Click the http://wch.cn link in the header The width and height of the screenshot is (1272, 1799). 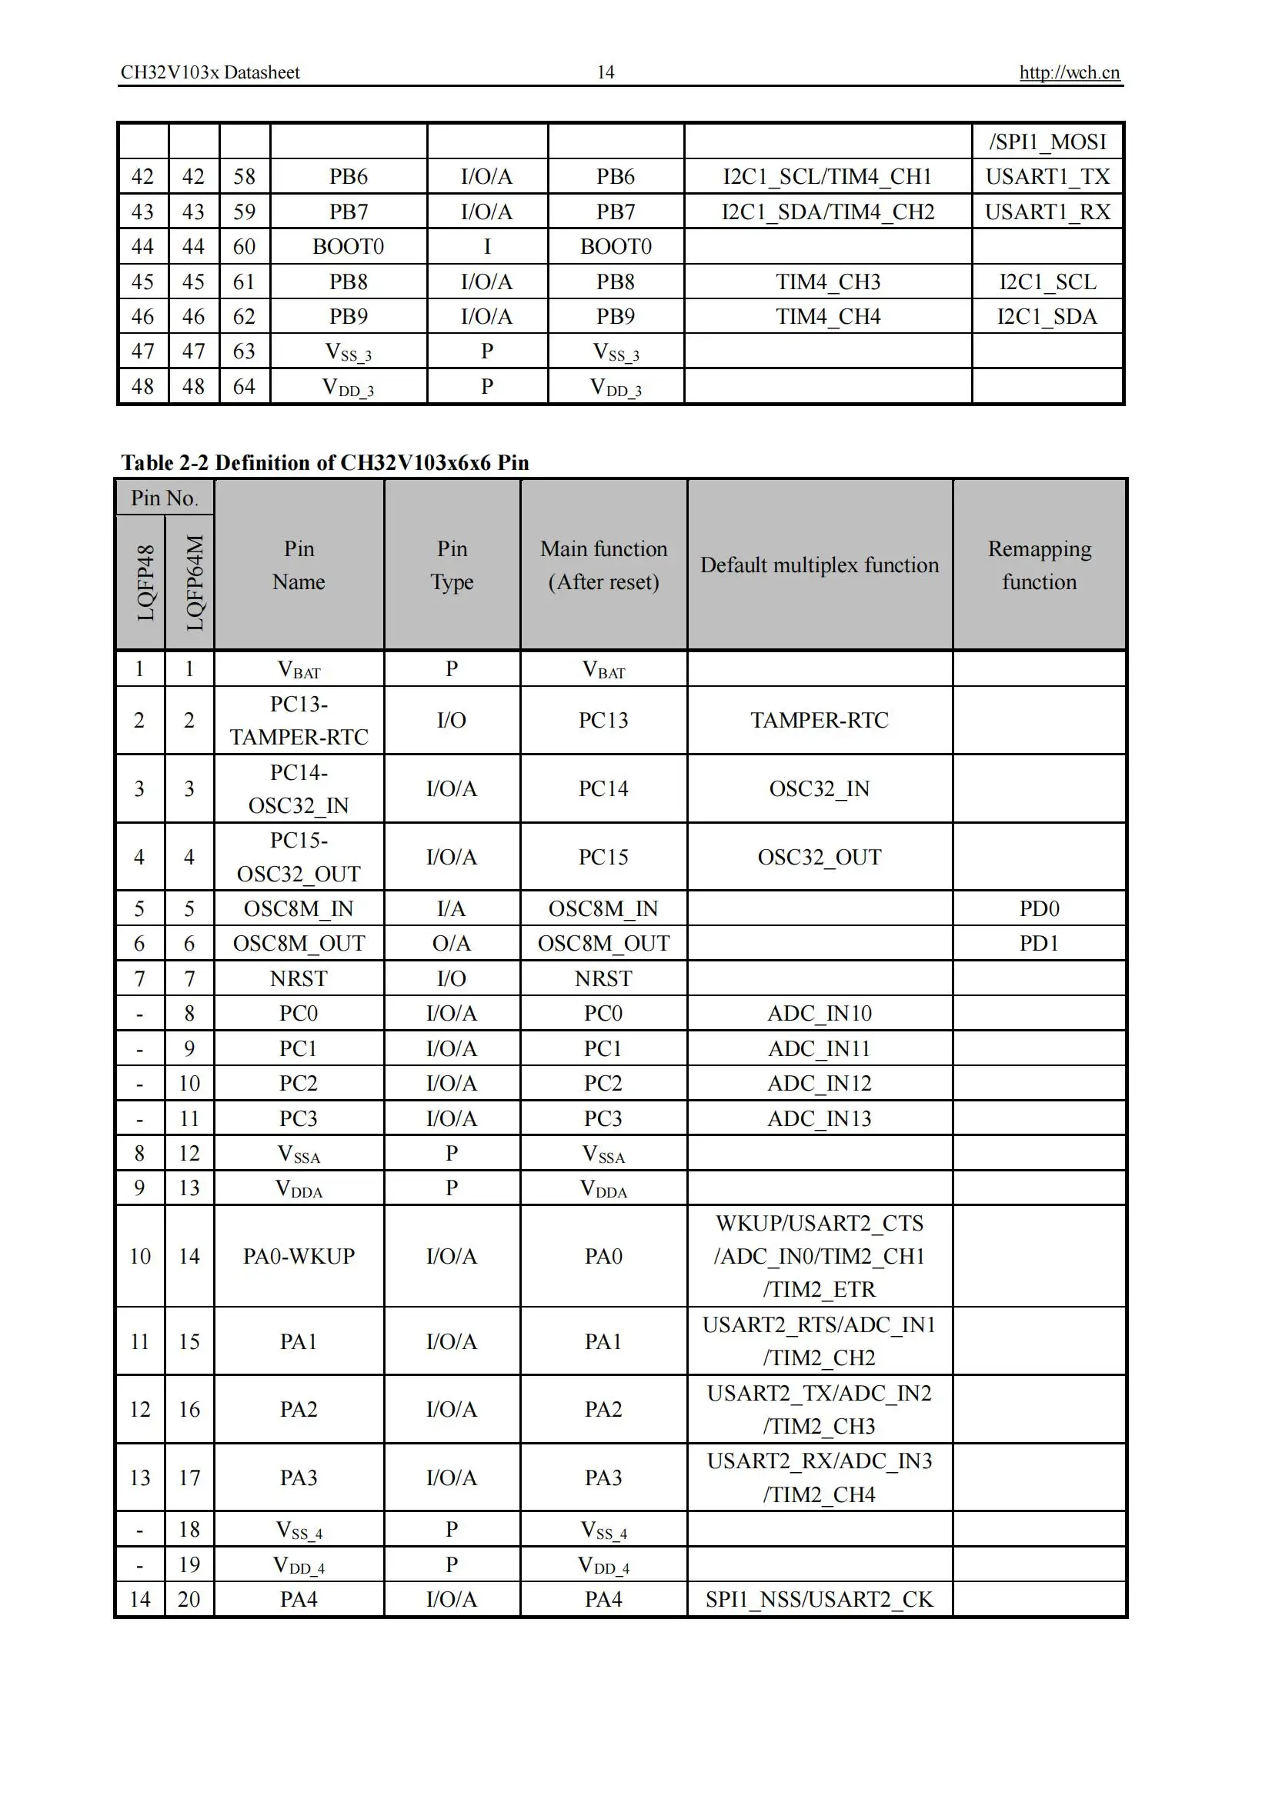coord(1069,73)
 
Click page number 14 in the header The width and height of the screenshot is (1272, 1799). coord(605,73)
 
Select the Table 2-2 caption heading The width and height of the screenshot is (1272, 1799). coord(325,462)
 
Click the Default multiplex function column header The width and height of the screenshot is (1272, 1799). coord(819,565)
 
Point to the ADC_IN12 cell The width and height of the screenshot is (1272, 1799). coord(819,1083)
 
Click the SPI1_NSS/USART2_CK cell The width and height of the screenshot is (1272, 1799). coord(819,1599)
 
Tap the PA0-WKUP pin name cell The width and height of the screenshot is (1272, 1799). coord(299,1256)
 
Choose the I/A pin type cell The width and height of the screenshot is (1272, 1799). coord(452,908)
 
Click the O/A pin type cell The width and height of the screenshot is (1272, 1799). coord(452,943)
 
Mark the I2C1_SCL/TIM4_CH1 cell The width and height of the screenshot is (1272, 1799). coord(827,176)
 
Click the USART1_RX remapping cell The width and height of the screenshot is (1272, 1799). coord(1047,212)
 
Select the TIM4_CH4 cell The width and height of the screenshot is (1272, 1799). coord(828,317)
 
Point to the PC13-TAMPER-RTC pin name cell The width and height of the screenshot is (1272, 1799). coord(299,720)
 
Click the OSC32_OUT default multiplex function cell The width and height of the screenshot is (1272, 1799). coord(819,857)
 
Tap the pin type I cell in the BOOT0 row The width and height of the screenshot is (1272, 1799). coord(486,247)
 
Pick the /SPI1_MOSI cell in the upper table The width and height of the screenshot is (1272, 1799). coord(1047,142)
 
